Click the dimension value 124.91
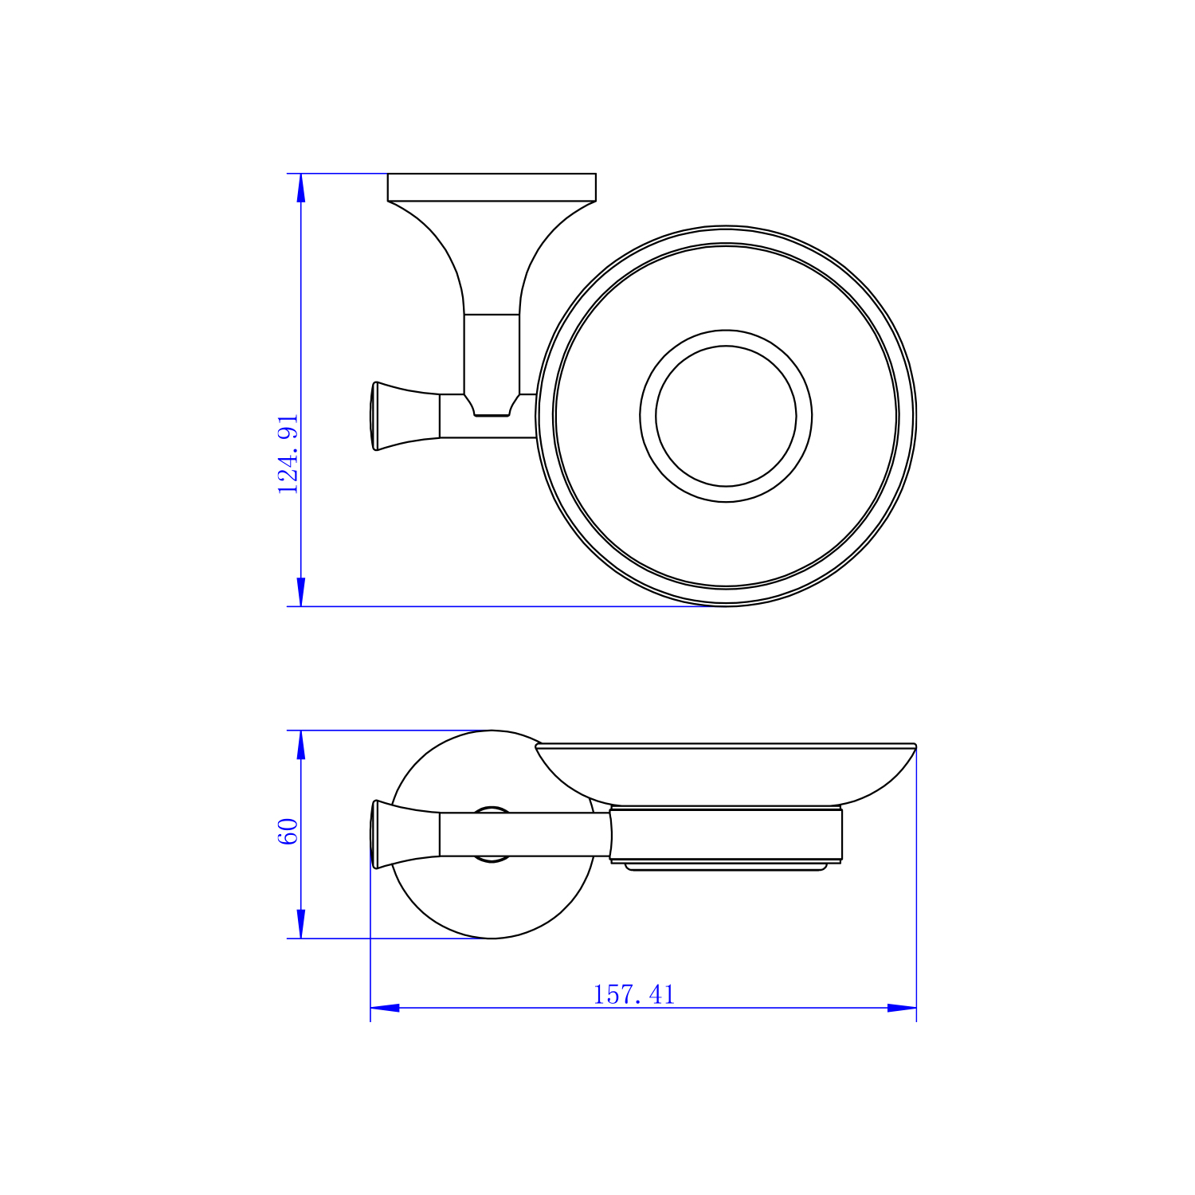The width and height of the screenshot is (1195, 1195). pyautogui.click(x=288, y=454)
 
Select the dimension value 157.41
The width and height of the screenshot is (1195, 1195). pyautogui.click(x=633, y=994)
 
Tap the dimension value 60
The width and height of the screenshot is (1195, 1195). pyautogui.click(x=288, y=832)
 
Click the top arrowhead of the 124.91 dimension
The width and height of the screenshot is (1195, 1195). pyautogui.click(x=301, y=187)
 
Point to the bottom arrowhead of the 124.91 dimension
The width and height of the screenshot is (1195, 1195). pyautogui.click(x=301, y=592)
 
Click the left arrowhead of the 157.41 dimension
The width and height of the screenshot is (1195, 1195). pyautogui.click(x=385, y=1008)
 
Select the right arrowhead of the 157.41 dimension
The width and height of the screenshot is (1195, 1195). pyautogui.click(x=902, y=1008)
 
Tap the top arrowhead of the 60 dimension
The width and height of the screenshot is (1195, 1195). pyautogui.click(x=301, y=744)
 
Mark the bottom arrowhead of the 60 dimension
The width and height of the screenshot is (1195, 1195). pyautogui.click(x=301, y=924)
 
